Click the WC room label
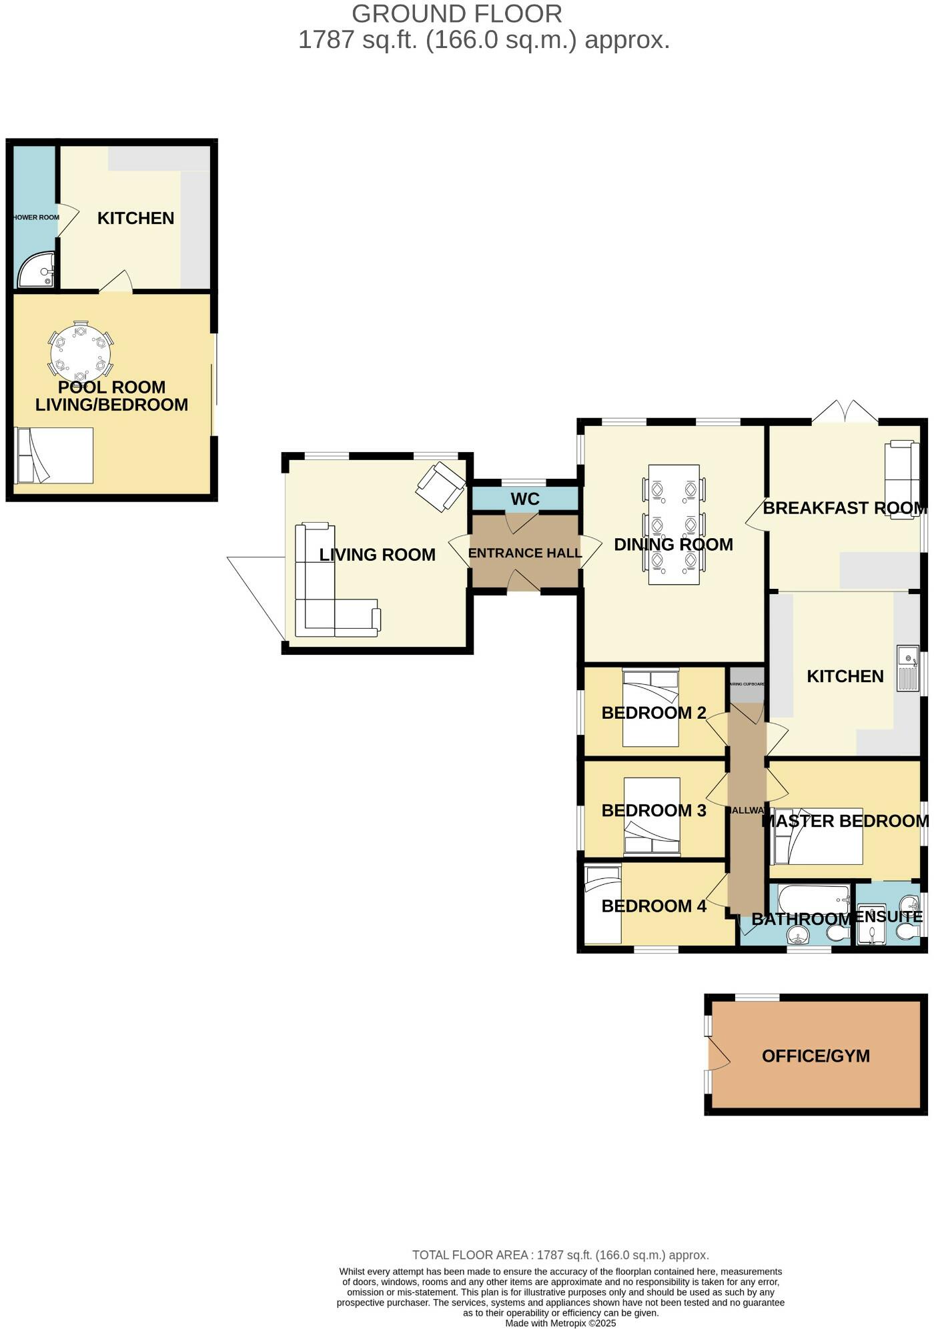[524, 499]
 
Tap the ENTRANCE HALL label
[524, 553]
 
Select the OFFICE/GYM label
[815, 1056]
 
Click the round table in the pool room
[81, 353]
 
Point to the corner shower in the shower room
[36, 270]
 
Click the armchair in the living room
[440, 487]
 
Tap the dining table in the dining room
[674, 524]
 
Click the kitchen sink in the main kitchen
[908, 668]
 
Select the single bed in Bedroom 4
[602, 904]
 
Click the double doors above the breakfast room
[845, 412]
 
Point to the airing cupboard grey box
[747, 685]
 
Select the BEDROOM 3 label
[653, 811]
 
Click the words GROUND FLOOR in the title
[456, 14]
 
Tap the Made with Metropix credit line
[560, 1324]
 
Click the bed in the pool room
[53, 455]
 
